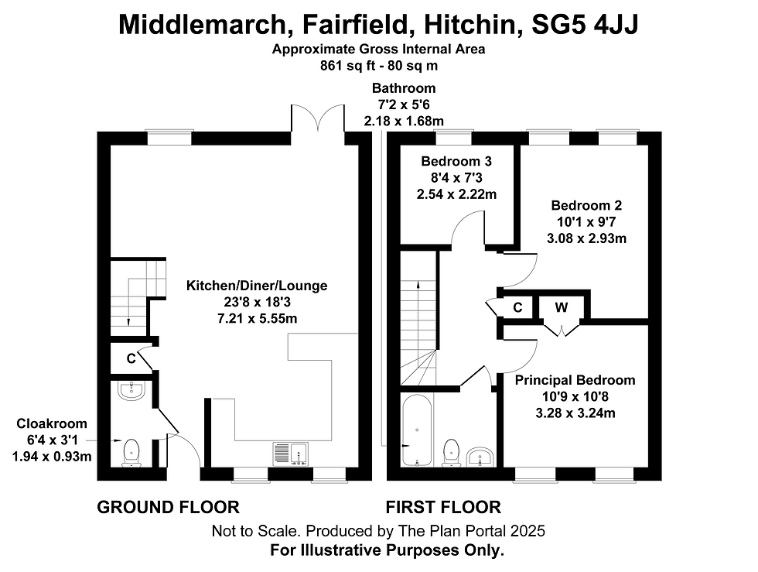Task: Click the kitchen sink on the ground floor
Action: pos(291,454)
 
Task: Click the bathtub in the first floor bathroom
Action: pos(417,430)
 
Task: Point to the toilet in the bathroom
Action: pos(451,453)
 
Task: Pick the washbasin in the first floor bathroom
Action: pos(480,457)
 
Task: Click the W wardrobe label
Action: pos(562,307)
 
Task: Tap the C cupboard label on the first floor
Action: pos(517,308)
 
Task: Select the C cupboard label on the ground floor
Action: pos(131,358)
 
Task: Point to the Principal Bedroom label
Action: pos(575,380)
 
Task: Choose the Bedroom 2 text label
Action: pos(586,205)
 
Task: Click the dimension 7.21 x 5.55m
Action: pos(257,318)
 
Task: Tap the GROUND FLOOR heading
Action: pos(169,507)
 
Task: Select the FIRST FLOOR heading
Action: pos(443,507)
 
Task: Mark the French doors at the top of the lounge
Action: pos(318,118)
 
